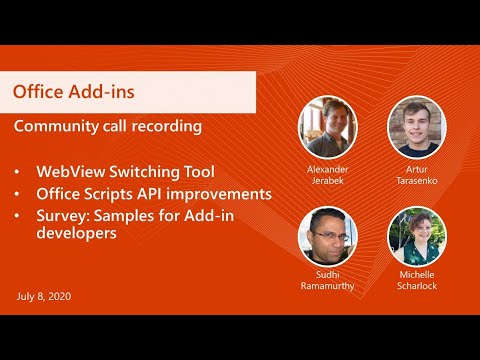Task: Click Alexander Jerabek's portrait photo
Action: [327, 126]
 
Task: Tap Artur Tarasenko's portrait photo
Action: [416, 126]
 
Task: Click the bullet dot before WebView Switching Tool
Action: [18, 172]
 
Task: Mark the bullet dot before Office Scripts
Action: [18, 194]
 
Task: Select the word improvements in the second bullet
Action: [222, 193]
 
